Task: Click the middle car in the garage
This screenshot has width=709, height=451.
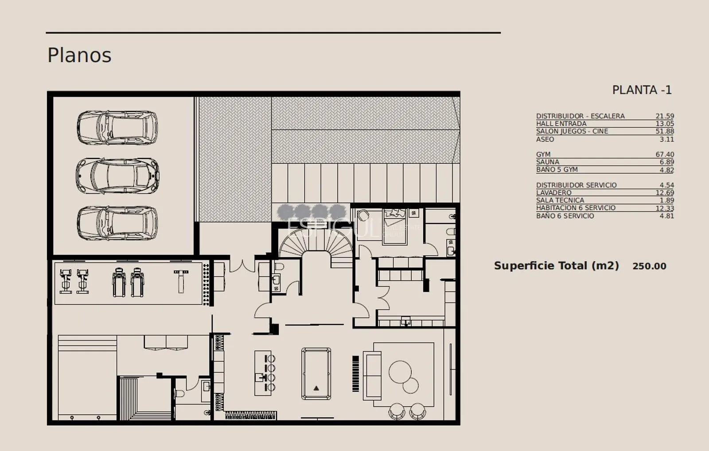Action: [117, 176]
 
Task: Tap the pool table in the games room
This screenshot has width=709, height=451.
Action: [316, 373]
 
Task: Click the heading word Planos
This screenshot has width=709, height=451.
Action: [79, 55]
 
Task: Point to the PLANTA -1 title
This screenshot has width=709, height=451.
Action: [642, 90]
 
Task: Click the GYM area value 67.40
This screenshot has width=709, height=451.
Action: [665, 154]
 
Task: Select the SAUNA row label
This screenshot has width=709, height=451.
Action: [548, 162]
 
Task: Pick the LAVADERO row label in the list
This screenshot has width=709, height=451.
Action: [553, 192]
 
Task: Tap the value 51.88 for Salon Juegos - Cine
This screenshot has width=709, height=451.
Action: [665, 131]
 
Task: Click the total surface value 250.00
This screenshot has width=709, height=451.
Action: [649, 266]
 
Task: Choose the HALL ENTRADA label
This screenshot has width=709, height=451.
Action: [561, 124]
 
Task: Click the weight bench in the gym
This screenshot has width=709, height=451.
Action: [181, 281]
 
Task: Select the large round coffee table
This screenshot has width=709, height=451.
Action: [400, 372]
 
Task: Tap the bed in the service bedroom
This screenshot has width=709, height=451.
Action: [394, 226]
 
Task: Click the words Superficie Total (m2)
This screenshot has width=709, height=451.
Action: [557, 266]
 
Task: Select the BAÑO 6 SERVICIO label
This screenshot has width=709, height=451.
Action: [565, 216]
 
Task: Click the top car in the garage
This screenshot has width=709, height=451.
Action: [117, 127]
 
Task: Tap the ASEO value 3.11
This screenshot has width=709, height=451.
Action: [666, 139]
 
